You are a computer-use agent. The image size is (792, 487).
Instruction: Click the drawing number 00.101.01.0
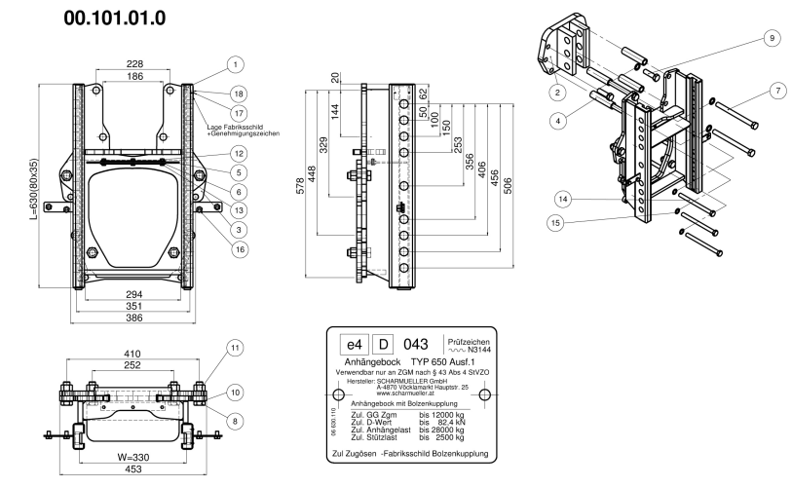click(115, 18)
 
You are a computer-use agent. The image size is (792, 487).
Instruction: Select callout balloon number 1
click(234, 64)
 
